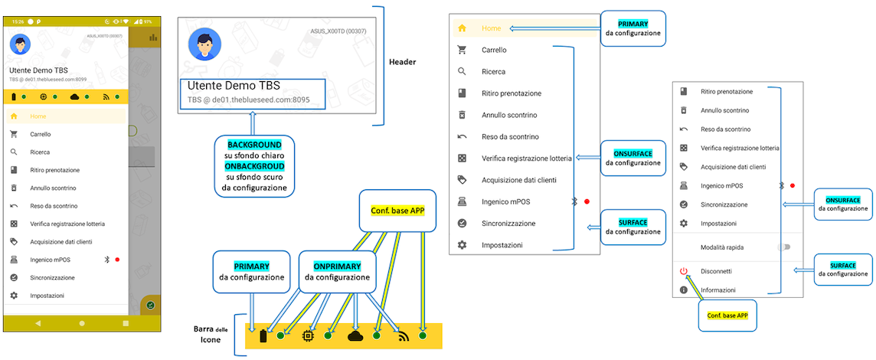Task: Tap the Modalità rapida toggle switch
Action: [x=783, y=247]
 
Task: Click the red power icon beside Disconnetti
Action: [x=684, y=271]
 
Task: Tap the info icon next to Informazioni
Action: [x=684, y=290]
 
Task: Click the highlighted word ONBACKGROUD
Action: [x=254, y=166]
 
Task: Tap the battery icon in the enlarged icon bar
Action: [x=264, y=335]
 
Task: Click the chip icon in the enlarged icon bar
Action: [x=309, y=335]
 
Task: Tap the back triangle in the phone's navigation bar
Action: [x=38, y=323]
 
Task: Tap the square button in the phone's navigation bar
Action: [x=126, y=323]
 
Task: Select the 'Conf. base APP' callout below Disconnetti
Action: [x=727, y=315]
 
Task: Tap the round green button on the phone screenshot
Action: [x=152, y=306]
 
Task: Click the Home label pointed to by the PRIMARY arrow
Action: [x=492, y=28]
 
